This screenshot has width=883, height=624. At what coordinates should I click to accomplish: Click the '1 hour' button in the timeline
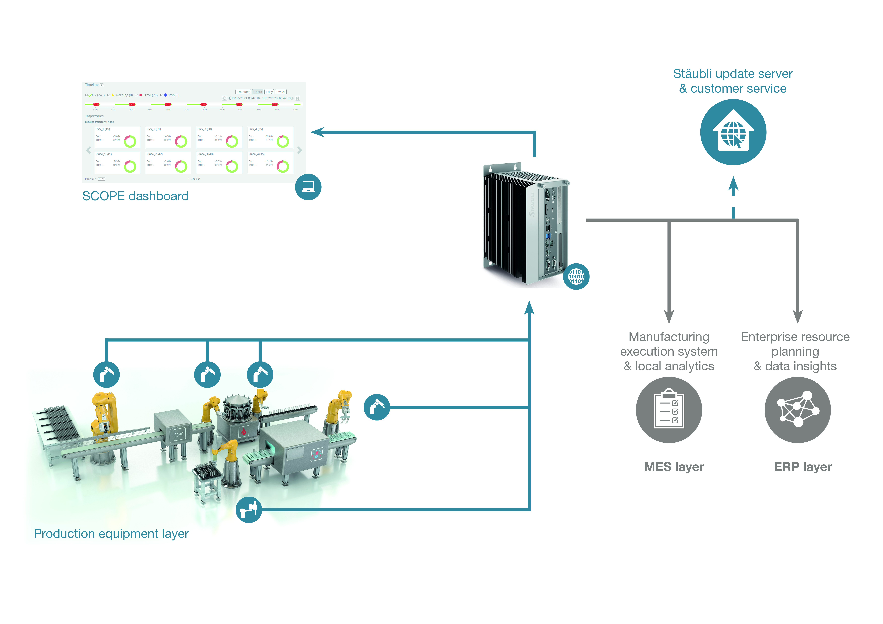(x=258, y=92)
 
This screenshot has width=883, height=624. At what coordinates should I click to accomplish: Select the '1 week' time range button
(x=281, y=92)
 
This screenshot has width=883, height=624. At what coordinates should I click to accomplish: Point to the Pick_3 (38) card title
(x=205, y=129)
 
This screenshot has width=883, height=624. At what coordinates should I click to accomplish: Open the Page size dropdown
(x=102, y=179)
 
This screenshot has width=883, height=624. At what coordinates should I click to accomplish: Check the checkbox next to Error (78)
(x=137, y=95)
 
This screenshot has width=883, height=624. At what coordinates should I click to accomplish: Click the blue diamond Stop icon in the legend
(x=165, y=95)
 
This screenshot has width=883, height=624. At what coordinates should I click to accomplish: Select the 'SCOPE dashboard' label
(x=135, y=196)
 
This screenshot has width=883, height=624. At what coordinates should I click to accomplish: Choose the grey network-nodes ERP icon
(x=798, y=410)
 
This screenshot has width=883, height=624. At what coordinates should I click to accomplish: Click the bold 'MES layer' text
(x=674, y=467)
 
